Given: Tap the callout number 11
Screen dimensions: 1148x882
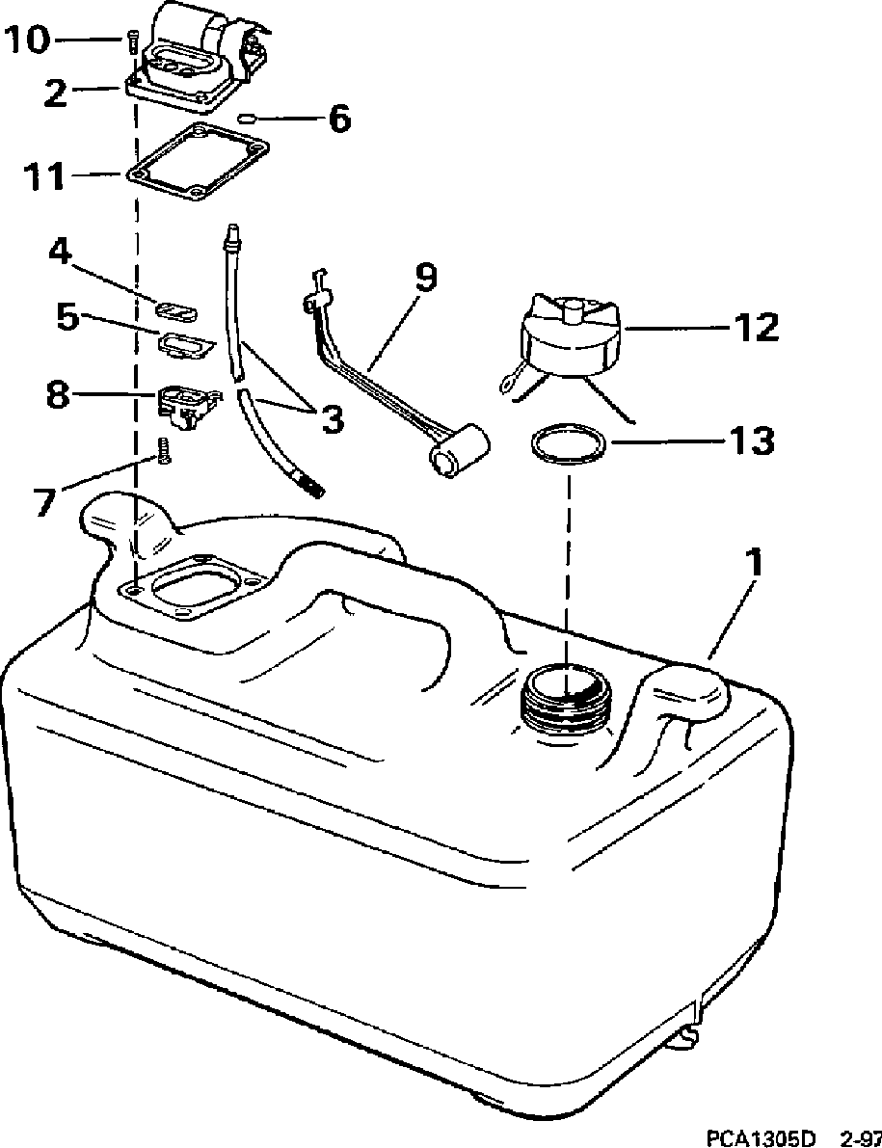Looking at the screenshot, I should [45, 176].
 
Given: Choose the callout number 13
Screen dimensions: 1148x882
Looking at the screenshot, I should [752, 441].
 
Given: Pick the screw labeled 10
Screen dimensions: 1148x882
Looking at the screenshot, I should [130, 41].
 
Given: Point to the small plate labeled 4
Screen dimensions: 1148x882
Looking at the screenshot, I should [176, 310].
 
